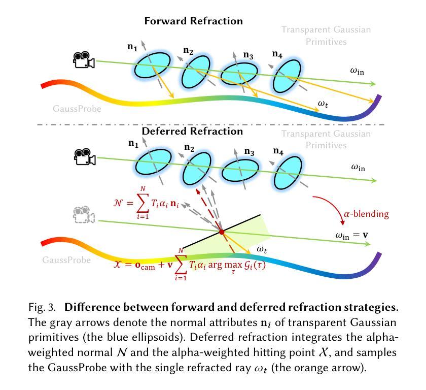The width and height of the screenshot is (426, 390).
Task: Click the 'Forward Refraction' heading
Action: click(193, 21)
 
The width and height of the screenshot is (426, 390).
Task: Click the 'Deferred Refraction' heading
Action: click(192, 131)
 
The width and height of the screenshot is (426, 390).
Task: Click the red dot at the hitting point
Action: click(222, 232)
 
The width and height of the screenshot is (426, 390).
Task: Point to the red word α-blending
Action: click(366, 214)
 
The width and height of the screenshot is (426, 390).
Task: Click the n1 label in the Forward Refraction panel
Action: click(132, 47)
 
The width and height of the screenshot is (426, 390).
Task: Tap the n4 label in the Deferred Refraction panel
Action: click(278, 151)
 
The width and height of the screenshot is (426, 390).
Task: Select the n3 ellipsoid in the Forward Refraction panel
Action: click(239, 74)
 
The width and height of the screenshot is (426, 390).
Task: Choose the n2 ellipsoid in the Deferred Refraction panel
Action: click(197, 169)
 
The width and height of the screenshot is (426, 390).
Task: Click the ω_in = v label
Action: click(351, 235)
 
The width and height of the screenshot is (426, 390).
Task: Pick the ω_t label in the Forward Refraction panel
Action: click(323, 104)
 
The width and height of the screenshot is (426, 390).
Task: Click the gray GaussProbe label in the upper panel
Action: click(77, 109)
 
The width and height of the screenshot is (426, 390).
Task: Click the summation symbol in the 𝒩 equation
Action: click(143, 203)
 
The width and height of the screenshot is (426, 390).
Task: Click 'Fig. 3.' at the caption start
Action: click(42, 307)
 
